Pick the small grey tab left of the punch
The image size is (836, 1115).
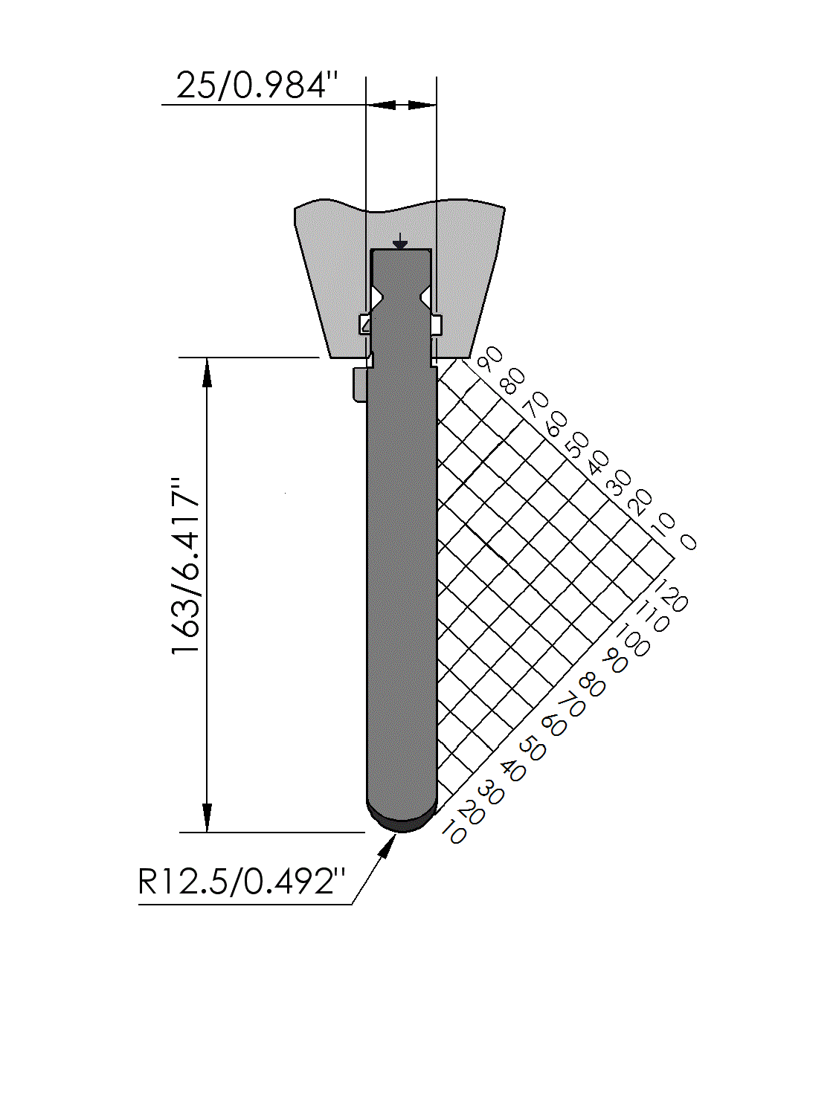point(358,384)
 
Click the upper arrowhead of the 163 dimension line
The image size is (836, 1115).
point(207,373)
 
